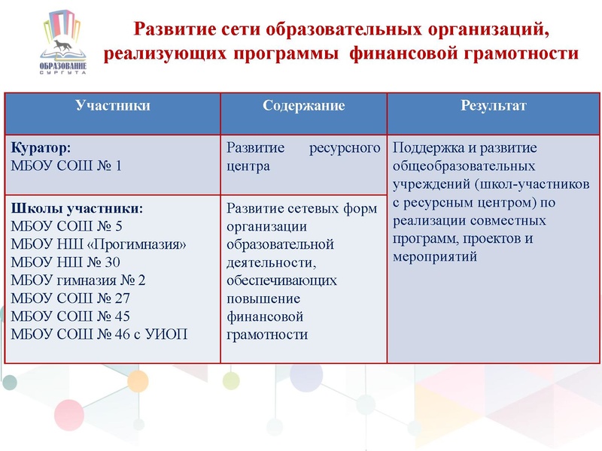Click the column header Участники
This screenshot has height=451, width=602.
112,106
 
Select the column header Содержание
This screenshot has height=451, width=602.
303,106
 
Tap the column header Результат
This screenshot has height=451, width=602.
493,106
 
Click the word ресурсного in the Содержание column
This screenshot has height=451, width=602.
344,148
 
